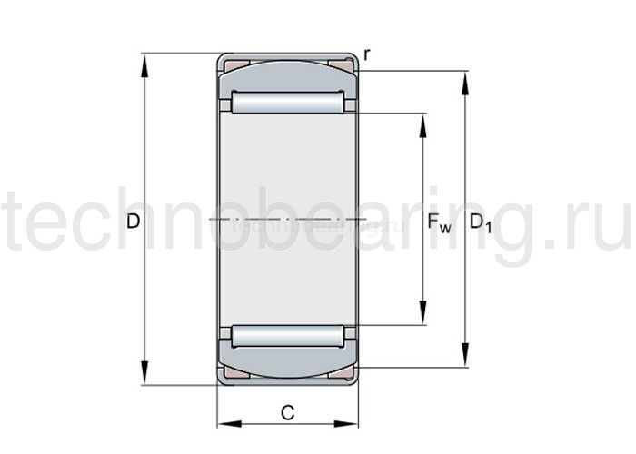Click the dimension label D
coord(134,221)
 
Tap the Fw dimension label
coord(439,222)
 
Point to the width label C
coord(287,413)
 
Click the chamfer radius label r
coord(366,55)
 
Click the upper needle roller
coord(287,103)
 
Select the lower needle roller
coord(287,336)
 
